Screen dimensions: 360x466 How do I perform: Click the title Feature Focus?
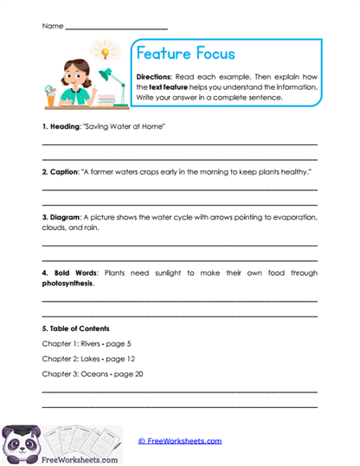click(x=186, y=54)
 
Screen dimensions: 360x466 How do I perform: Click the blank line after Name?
click(x=116, y=28)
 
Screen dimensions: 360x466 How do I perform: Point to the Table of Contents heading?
click(x=76, y=329)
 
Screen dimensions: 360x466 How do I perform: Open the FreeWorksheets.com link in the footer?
click(x=180, y=440)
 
